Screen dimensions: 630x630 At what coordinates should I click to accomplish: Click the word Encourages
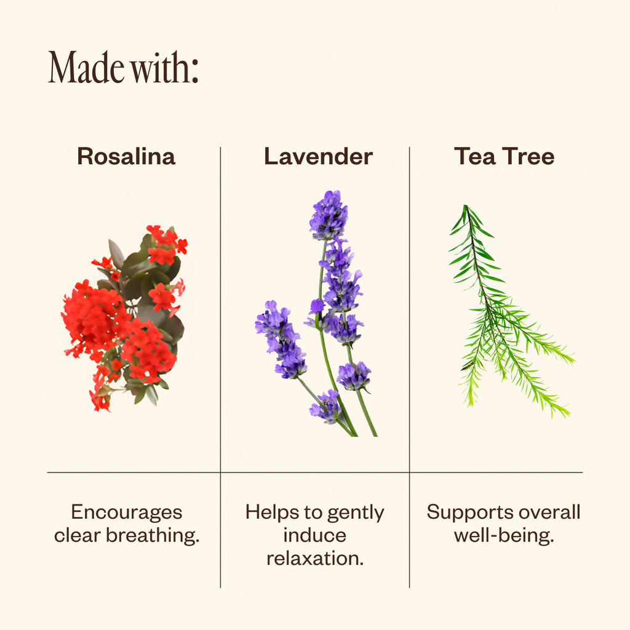click(127, 512)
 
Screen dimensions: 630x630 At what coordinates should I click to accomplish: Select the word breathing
click(153, 535)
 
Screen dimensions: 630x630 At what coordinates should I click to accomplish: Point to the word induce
click(314, 535)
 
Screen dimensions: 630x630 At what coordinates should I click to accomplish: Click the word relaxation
click(315, 558)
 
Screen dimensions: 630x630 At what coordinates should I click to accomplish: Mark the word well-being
click(504, 536)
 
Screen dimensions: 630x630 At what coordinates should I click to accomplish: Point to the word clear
click(77, 535)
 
